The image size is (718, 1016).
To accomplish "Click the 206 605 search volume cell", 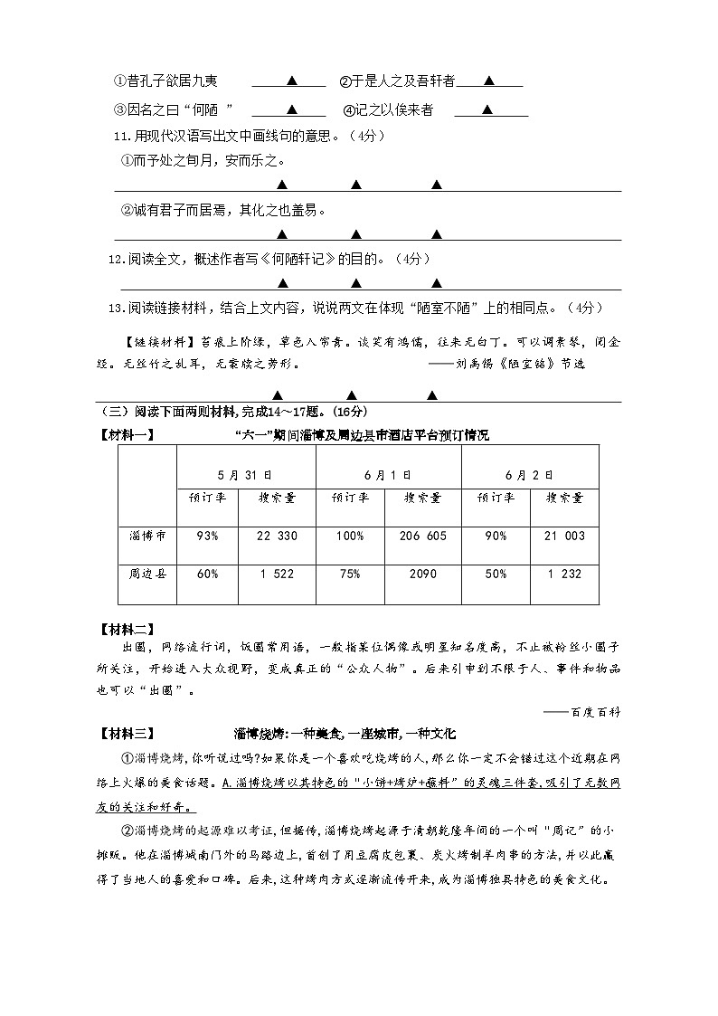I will click(422, 536).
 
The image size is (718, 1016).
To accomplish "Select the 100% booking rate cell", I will click(348, 536).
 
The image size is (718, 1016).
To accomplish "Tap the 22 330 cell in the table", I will click(277, 536).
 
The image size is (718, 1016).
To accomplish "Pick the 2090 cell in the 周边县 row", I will click(422, 574).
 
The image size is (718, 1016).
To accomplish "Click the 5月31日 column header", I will click(245, 475).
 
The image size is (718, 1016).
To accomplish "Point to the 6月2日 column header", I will click(530, 475).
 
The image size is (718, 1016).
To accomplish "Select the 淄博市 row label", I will click(147, 536).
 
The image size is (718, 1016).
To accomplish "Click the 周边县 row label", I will click(147, 574).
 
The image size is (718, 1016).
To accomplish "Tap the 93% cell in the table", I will click(207, 536).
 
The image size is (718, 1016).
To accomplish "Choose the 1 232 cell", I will click(563, 574).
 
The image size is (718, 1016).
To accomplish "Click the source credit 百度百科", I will click(596, 712).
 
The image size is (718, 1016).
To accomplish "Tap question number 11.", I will click(114, 137).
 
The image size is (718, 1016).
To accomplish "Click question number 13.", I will click(114, 308).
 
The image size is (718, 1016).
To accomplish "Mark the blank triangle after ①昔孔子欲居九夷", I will click(291, 81).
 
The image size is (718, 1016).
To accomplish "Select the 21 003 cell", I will click(563, 536).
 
